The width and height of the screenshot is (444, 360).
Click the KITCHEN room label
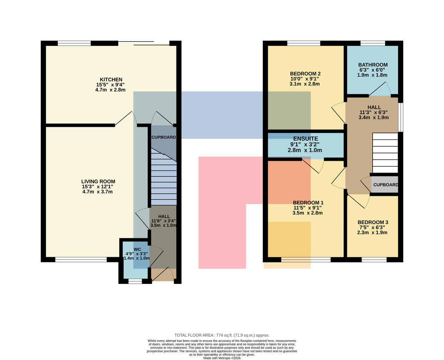[x=111, y=79]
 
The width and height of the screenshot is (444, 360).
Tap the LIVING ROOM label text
[x=98, y=181]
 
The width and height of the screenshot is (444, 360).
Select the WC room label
[x=137, y=249]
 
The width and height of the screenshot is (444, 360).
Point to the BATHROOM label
[x=373, y=65]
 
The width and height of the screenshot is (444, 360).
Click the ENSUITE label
[x=306, y=139]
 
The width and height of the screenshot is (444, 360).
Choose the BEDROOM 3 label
[x=373, y=222]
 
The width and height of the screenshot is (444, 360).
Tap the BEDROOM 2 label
[x=305, y=74]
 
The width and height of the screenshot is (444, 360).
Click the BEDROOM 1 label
[x=308, y=203]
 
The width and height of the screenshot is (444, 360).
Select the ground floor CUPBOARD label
[x=164, y=137]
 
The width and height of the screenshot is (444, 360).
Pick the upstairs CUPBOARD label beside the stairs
[x=386, y=185]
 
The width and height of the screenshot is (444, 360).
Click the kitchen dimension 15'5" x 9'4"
[x=110, y=85]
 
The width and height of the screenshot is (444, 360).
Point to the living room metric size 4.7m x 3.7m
[x=97, y=191]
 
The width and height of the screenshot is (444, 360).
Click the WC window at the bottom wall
[x=135, y=281]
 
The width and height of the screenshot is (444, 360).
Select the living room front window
[x=81, y=259]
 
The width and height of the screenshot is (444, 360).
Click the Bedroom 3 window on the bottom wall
[x=374, y=259]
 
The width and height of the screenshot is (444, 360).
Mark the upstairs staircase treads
[x=385, y=153]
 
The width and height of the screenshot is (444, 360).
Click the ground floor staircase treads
[x=164, y=177]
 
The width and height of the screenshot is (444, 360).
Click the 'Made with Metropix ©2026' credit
[x=222, y=358]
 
